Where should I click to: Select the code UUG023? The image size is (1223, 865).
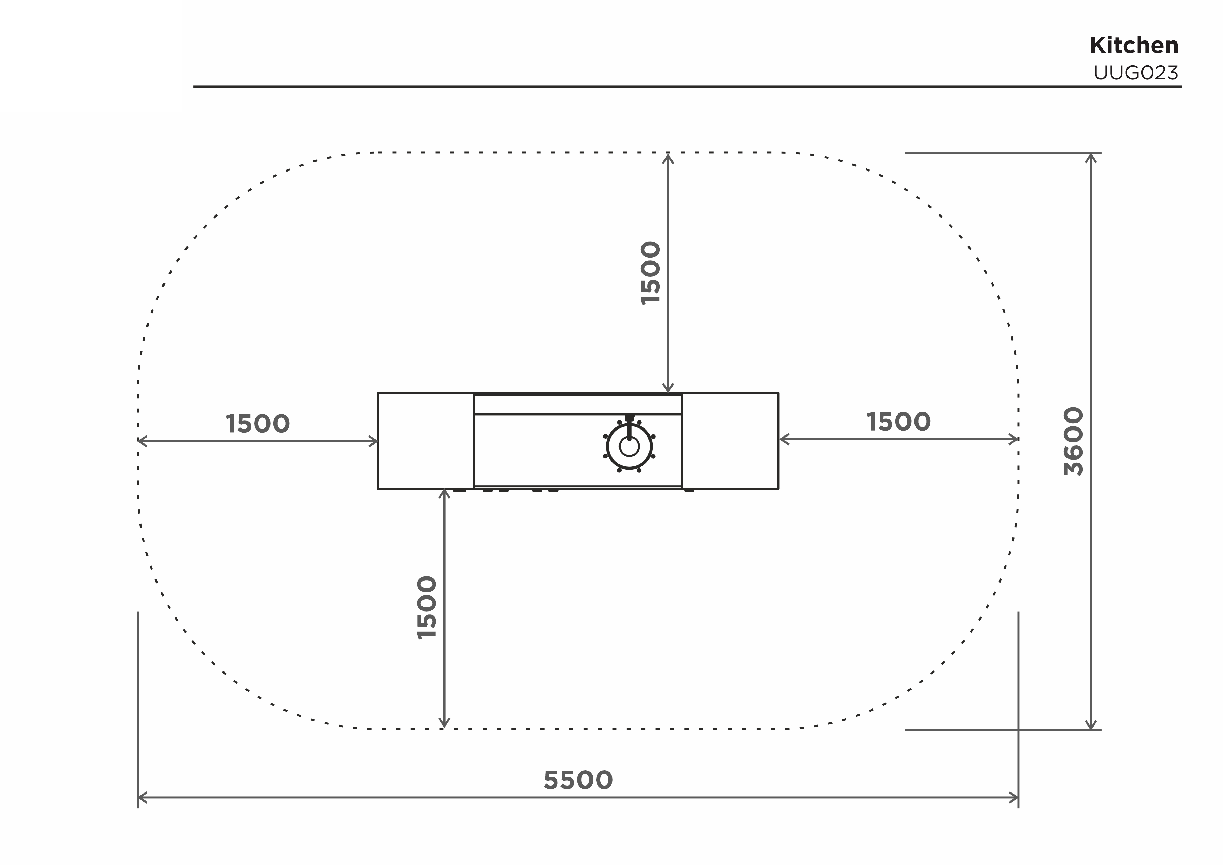1135,73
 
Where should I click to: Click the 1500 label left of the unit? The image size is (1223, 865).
257,424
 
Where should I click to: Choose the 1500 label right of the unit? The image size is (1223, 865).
899,422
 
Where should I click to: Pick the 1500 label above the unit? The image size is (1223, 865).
651,273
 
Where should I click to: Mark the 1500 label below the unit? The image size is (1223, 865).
427,608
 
